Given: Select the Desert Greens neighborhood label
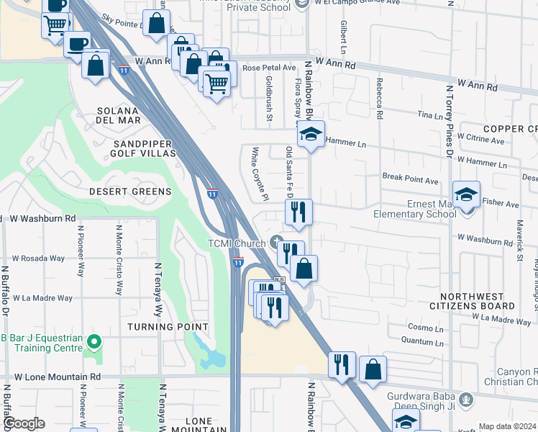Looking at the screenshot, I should click(130, 192).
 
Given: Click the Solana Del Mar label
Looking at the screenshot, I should click(119, 115).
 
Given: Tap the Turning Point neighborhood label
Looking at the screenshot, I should click(168, 327).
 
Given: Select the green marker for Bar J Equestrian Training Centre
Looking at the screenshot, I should click(92, 341).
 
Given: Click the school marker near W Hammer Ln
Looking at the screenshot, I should click(311, 134).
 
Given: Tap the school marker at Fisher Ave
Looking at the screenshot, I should click(466, 194).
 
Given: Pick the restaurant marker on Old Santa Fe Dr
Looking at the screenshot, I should click(298, 212).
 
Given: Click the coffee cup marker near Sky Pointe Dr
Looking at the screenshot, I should click(78, 43).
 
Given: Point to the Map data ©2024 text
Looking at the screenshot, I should click(507, 426).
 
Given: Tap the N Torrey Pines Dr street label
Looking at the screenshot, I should click(449, 123).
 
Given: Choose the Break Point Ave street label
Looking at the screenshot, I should click(410, 180).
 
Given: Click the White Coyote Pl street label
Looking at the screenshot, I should click(259, 174).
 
